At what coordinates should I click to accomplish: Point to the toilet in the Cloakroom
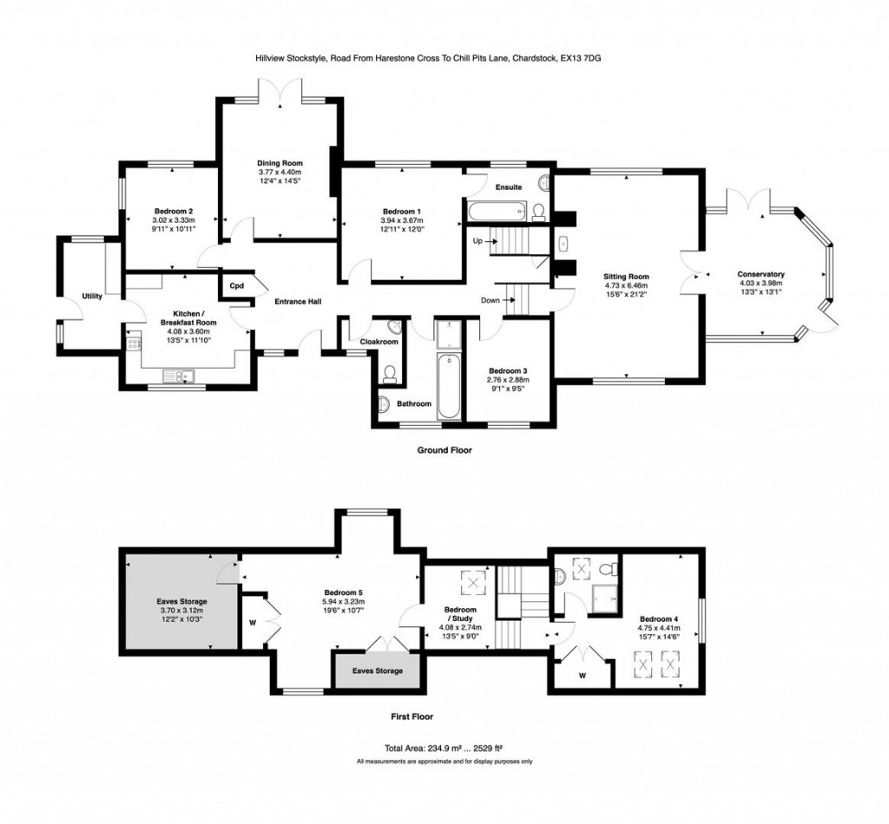click(x=390, y=373)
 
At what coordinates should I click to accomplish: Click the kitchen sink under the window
click(x=182, y=375)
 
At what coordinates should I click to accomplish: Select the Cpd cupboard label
click(x=236, y=285)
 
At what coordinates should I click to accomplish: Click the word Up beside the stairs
click(x=477, y=240)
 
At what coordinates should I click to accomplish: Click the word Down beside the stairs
click(x=491, y=301)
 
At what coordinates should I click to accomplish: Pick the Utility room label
click(x=92, y=297)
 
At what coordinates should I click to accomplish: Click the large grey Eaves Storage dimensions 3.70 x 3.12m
click(x=181, y=611)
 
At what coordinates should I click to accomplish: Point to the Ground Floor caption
click(x=444, y=450)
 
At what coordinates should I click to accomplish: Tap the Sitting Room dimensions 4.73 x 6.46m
click(x=627, y=286)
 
